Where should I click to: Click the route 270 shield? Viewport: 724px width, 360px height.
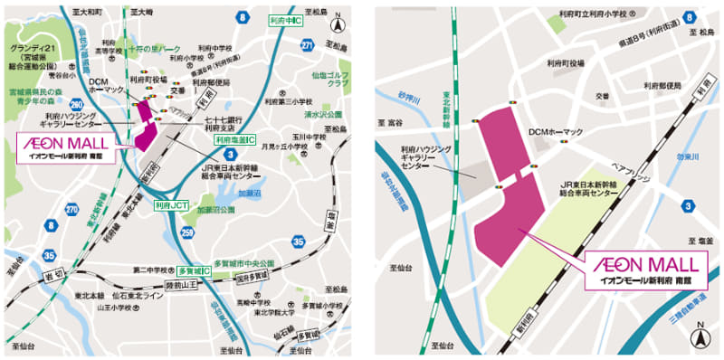(x=71, y=210)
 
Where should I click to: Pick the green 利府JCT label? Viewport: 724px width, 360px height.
(x=170, y=205)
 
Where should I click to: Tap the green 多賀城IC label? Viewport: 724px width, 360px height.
(x=193, y=270)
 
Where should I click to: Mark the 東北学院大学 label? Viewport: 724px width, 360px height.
(x=271, y=314)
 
